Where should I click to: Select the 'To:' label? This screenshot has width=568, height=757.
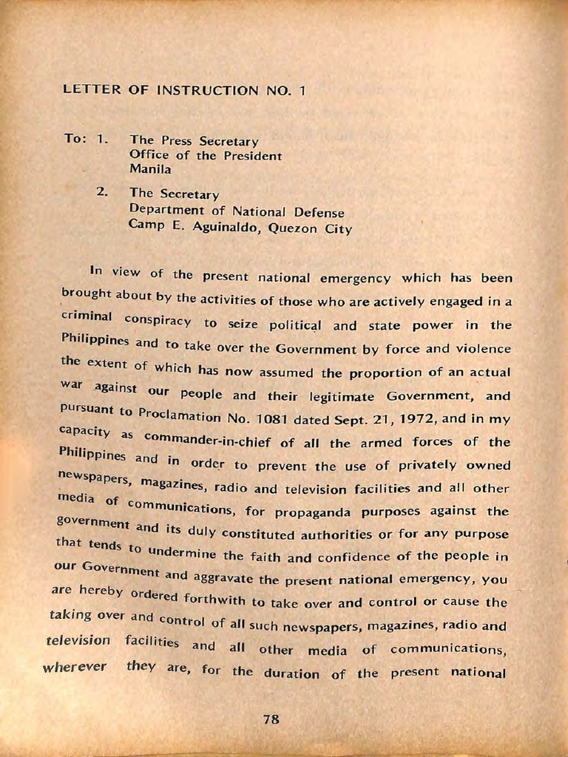pos(75,139)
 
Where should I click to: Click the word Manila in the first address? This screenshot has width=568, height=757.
pos(150,169)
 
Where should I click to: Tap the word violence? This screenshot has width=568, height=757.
pos(479,347)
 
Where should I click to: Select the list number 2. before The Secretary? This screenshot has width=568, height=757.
pos(103,191)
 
